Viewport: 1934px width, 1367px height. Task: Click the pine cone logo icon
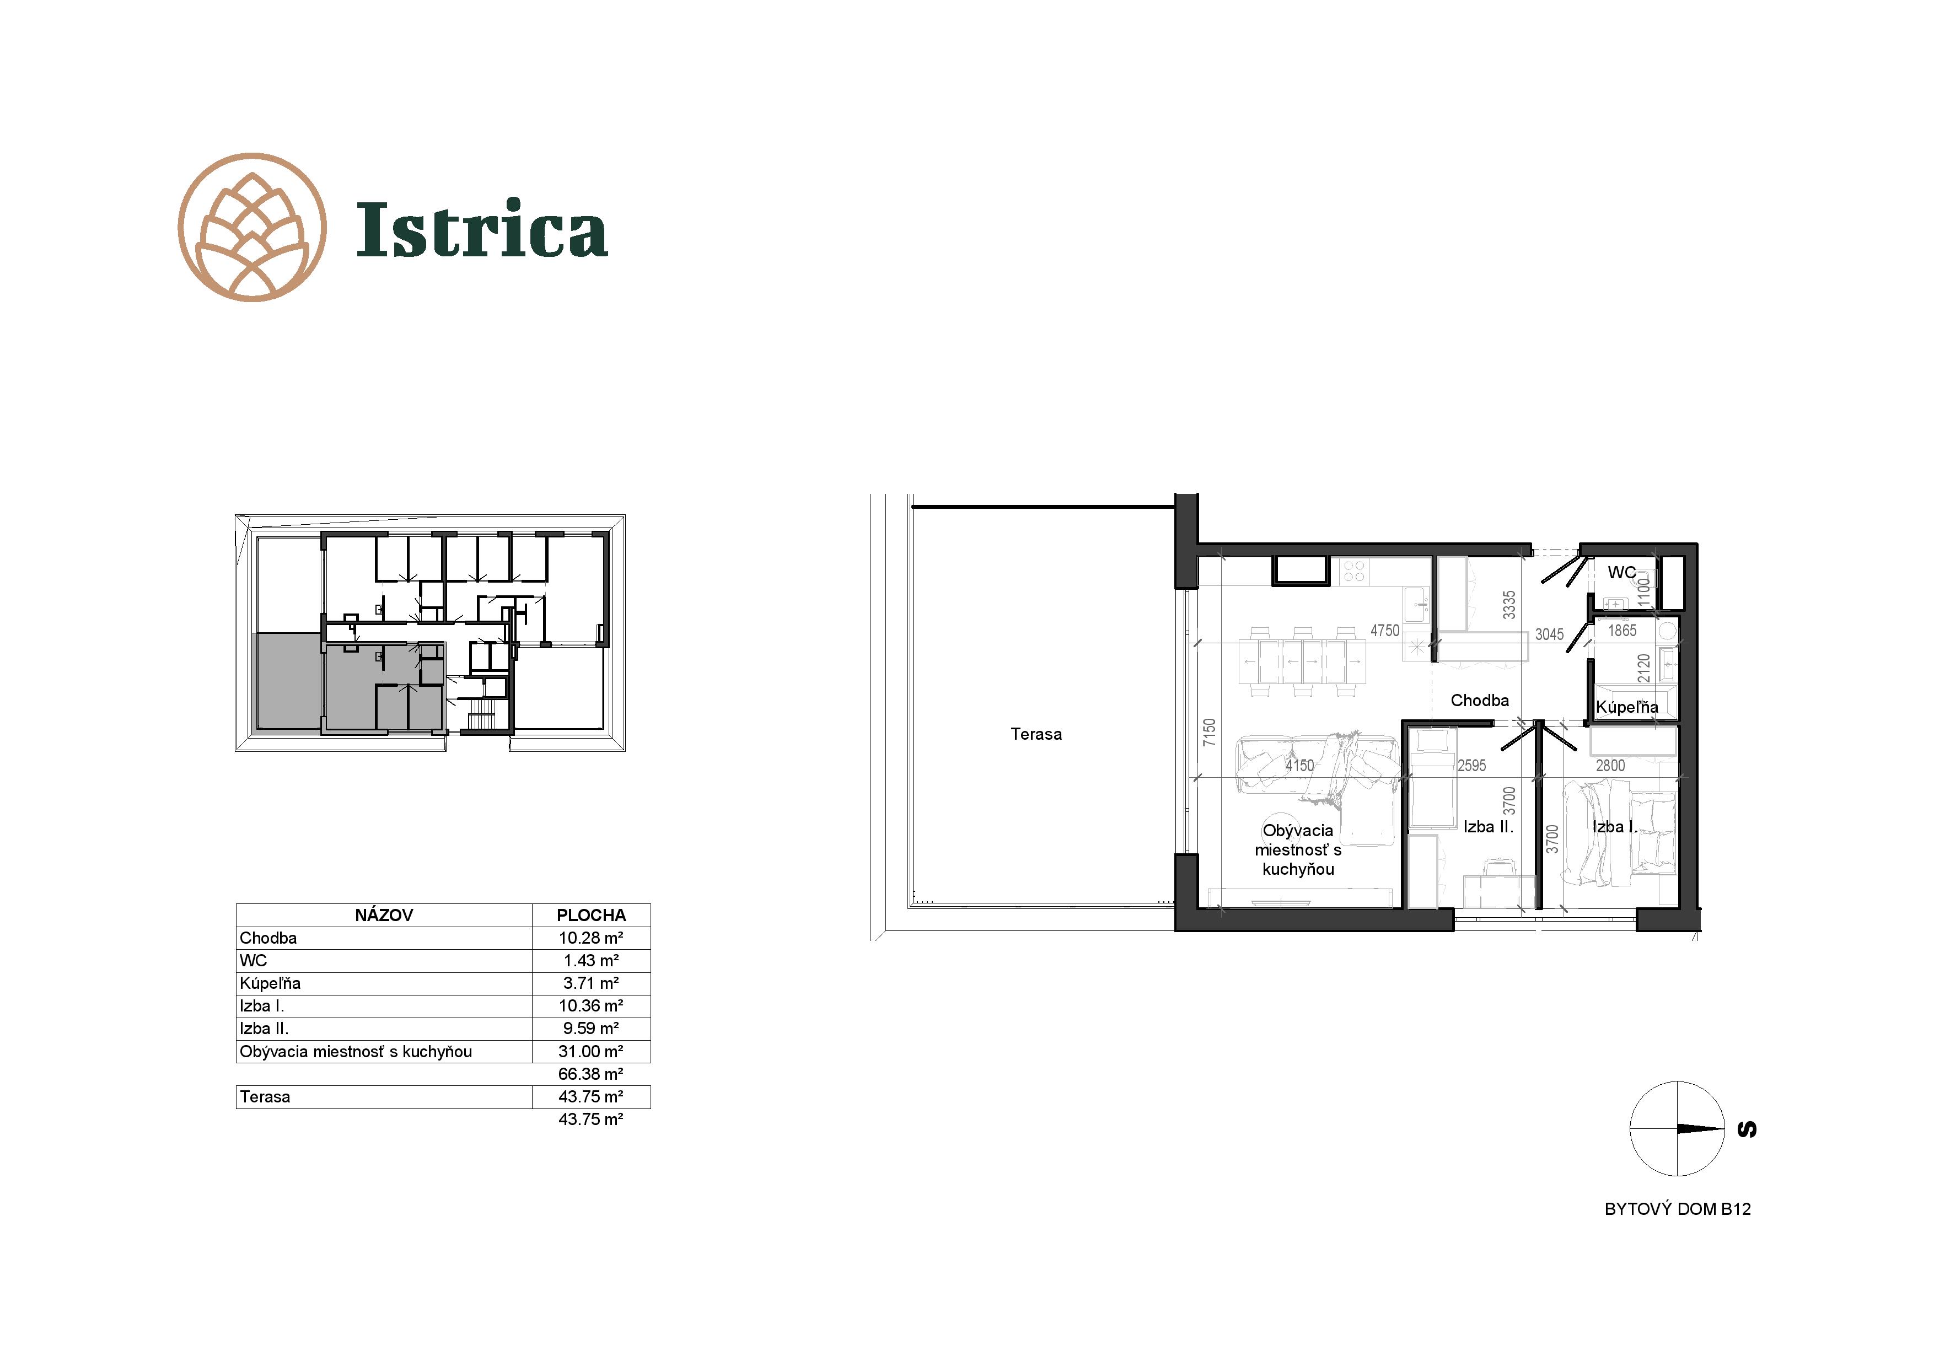pos(253,228)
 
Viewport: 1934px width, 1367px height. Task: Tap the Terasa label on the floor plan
pos(1036,734)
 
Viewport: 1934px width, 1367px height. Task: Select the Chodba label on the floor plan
pos(1480,700)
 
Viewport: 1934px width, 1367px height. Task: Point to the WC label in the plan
pos(1621,573)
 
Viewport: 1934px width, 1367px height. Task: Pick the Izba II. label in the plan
pos(1489,827)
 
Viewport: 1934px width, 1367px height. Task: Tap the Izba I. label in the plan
pos(1614,827)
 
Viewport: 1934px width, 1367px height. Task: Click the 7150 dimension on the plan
pos(1210,732)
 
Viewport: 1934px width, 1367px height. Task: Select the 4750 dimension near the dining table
pos(1385,630)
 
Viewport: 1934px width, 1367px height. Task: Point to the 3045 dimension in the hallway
pos(1549,634)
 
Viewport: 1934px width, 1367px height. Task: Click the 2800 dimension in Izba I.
pos(1610,766)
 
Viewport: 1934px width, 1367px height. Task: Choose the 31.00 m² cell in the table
pos(590,1051)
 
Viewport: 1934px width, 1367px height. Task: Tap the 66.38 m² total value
pos(590,1074)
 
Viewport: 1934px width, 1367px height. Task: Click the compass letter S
pos(1748,1129)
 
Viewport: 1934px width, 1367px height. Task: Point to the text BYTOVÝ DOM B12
pos(1678,1209)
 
